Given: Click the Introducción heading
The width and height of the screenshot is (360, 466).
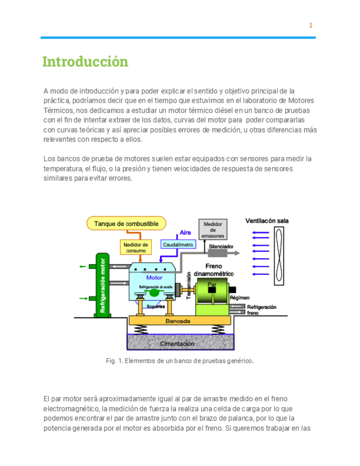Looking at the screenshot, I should (x=85, y=62).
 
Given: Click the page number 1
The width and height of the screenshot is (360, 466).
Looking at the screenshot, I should (x=311, y=25).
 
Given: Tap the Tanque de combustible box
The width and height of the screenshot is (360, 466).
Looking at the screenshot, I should (x=126, y=224).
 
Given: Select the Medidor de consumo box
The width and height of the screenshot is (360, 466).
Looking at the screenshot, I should (x=136, y=247).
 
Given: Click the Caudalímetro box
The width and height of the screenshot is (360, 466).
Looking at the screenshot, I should (x=178, y=243).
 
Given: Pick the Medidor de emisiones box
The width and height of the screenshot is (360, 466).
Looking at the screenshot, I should (x=213, y=230).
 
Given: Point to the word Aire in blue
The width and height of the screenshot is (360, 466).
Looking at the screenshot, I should (x=185, y=233).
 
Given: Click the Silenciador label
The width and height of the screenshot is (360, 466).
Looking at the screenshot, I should (x=221, y=246).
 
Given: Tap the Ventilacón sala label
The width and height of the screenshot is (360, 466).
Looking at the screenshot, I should (x=267, y=221).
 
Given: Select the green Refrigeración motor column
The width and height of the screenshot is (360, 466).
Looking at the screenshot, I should (x=102, y=284).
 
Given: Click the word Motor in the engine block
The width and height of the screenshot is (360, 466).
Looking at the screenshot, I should (x=154, y=278).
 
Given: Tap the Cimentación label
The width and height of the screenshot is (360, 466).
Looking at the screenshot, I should (x=177, y=343).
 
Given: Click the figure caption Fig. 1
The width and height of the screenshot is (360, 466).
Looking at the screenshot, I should (x=180, y=361).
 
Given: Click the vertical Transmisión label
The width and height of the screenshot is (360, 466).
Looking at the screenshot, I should (x=189, y=286).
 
